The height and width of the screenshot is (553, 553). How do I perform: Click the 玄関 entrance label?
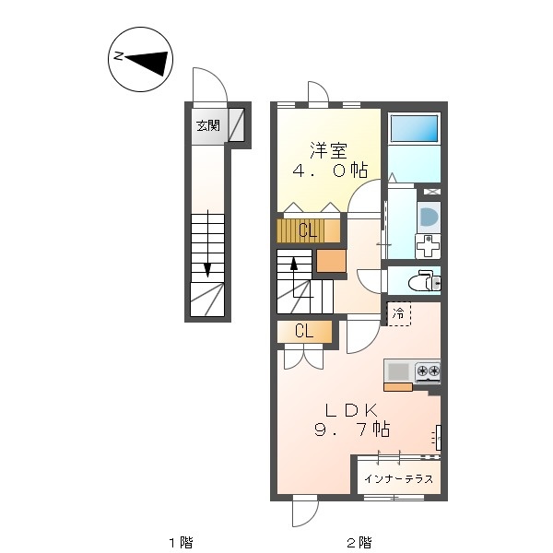pyautogui.click(x=208, y=125)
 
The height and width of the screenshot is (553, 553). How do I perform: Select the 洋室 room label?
pyautogui.click(x=329, y=150)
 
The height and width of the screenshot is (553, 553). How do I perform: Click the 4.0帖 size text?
pyautogui.click(x=331, y=171)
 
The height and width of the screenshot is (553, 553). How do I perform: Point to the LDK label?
pyautogui.click(x=351, y=410)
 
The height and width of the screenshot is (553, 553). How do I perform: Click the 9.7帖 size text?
pyautogui.click(x=352, y=429)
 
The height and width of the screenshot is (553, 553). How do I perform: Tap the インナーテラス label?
pyautogui.click(x=398, y=478)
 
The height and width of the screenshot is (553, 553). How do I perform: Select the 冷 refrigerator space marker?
pyautogui.click(x=399, y=313)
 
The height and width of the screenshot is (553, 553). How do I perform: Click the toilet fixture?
pyautogui.click(x=425, y=281)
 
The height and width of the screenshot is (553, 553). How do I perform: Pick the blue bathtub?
pyautogui.click(x=414, y=128)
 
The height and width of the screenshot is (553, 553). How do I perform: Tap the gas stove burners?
pyautogui.click(x=428, y=371)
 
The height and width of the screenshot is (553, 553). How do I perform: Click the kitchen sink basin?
pyautogui.click(x=398, y=371)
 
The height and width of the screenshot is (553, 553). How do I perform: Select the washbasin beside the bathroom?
pyautogui.click(x=429, y=217)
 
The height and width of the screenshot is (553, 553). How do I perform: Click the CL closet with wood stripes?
pyautogui.click(x=308, y=230)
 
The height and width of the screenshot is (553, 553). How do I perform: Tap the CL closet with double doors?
pyautogui.click(x=304, y=332)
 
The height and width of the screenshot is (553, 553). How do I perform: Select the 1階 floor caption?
pyautogui.click(x=182, y=542)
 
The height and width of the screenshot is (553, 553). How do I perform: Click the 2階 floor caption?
pyautogui.click(x=359, y=542)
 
